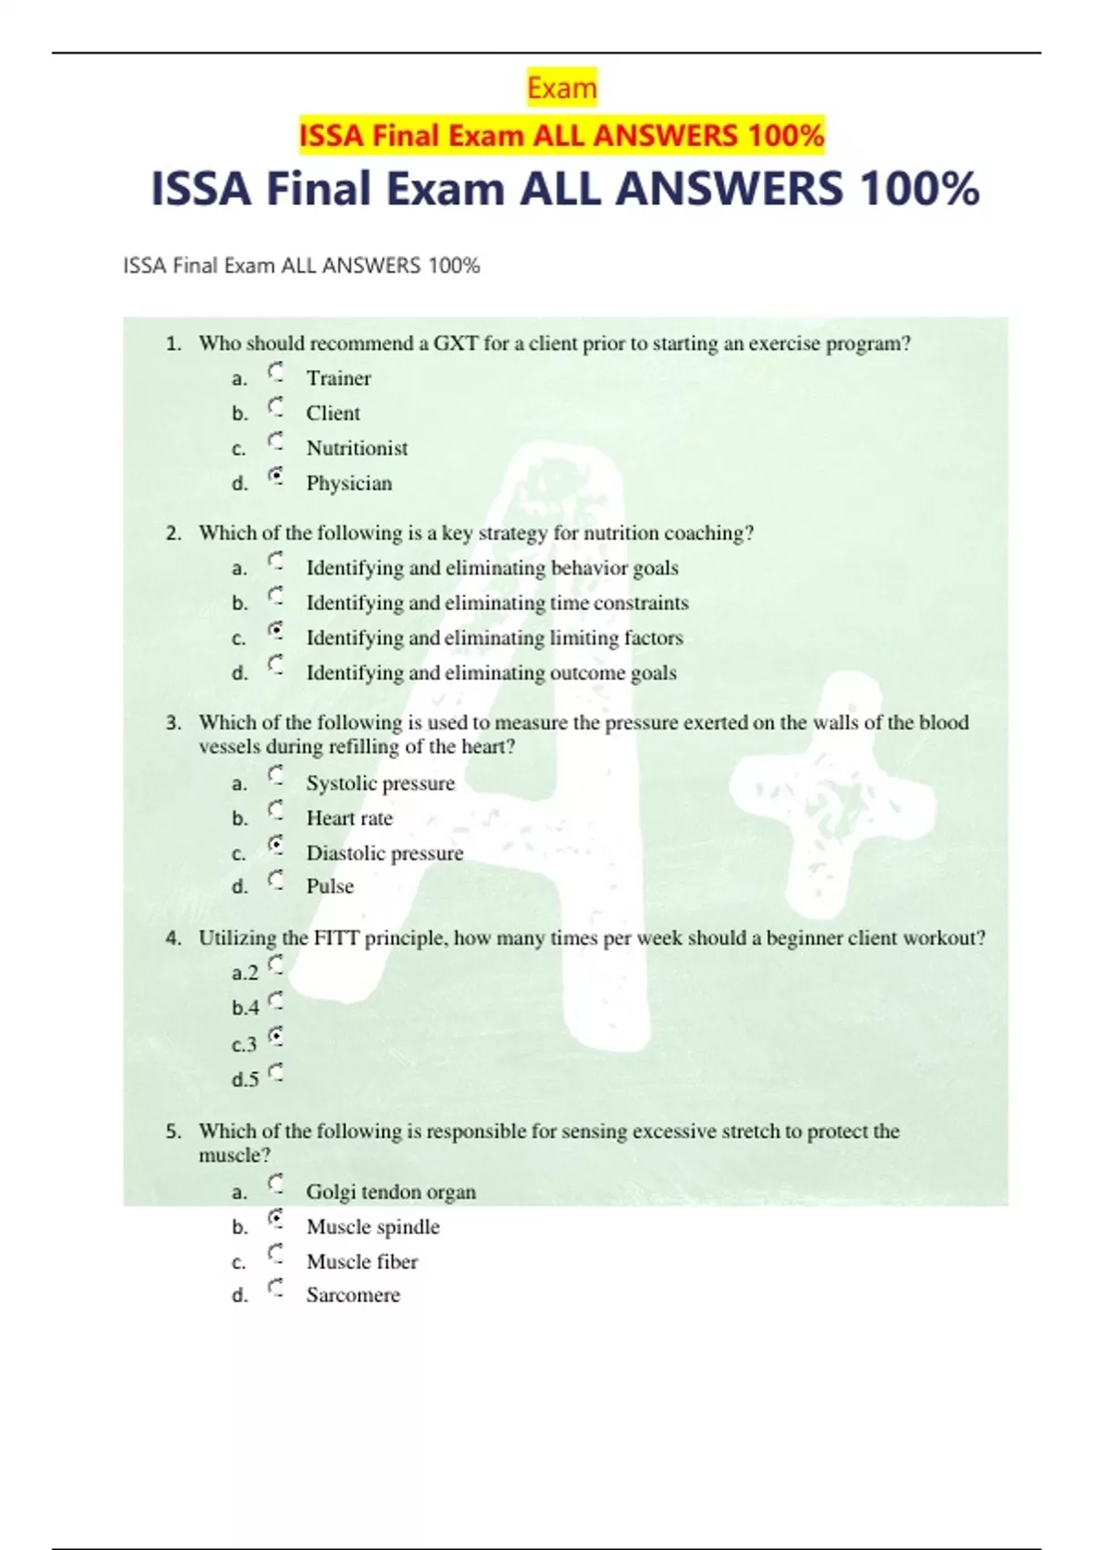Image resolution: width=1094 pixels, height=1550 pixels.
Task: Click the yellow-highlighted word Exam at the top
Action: point(562,88)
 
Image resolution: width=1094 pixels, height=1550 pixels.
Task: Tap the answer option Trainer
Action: point(338,378)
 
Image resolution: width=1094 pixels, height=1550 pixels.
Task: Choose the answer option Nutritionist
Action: point(356,449)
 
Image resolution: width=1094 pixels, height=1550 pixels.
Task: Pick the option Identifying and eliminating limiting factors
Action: point(494,638)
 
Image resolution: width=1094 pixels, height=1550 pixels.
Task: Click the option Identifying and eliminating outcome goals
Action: point(490,673)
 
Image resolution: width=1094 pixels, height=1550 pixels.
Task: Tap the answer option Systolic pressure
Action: point(380,783)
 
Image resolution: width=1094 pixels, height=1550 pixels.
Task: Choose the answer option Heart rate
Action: point(349,818)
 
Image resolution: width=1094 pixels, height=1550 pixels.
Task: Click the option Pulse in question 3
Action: point(329,886)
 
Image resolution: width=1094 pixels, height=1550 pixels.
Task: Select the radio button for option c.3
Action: point(276,1037)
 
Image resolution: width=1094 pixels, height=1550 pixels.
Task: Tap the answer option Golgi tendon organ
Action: point(390,1192)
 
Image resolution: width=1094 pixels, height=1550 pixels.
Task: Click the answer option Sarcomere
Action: point(353,1296)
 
